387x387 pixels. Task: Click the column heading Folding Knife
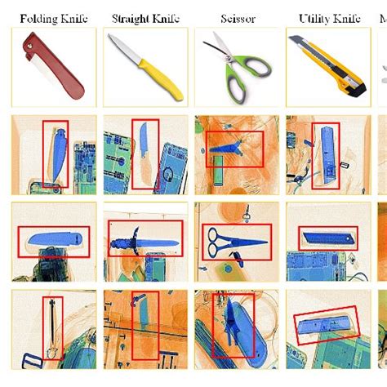54,18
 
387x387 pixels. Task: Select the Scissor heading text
237,18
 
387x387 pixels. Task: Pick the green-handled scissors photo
237,69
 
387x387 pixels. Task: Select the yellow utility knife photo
330,69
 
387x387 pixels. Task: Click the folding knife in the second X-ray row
53,239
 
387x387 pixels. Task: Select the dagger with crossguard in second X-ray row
143,241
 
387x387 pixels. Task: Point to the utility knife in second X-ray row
328,239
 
